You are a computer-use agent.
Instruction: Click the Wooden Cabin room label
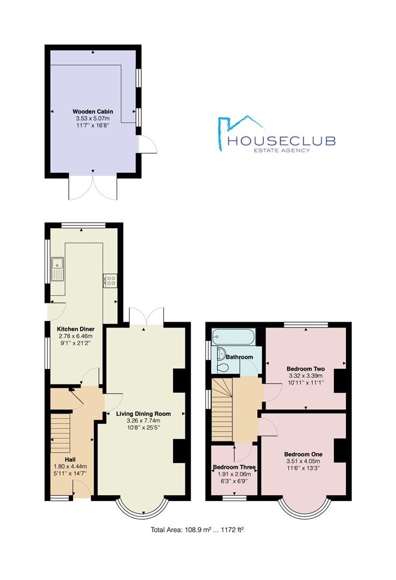[92, 111]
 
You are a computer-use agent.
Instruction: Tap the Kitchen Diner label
[76, 329]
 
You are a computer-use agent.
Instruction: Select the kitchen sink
[58, 269]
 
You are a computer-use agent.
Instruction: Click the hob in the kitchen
[111, 280]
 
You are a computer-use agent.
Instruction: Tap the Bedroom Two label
[306, 369]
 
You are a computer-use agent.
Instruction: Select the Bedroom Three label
[234, 467]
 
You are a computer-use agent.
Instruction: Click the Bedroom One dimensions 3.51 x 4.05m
[303, 461]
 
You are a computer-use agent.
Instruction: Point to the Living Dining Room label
[143, 414]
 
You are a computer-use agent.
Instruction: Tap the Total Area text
[197, 530]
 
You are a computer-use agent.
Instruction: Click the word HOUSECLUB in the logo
[281, 141]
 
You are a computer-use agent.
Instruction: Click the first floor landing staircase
[222, 409]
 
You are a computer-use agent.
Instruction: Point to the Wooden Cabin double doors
[93, 189]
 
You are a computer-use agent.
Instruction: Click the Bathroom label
[240, 357]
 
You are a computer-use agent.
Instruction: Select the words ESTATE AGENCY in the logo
[281, 150]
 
